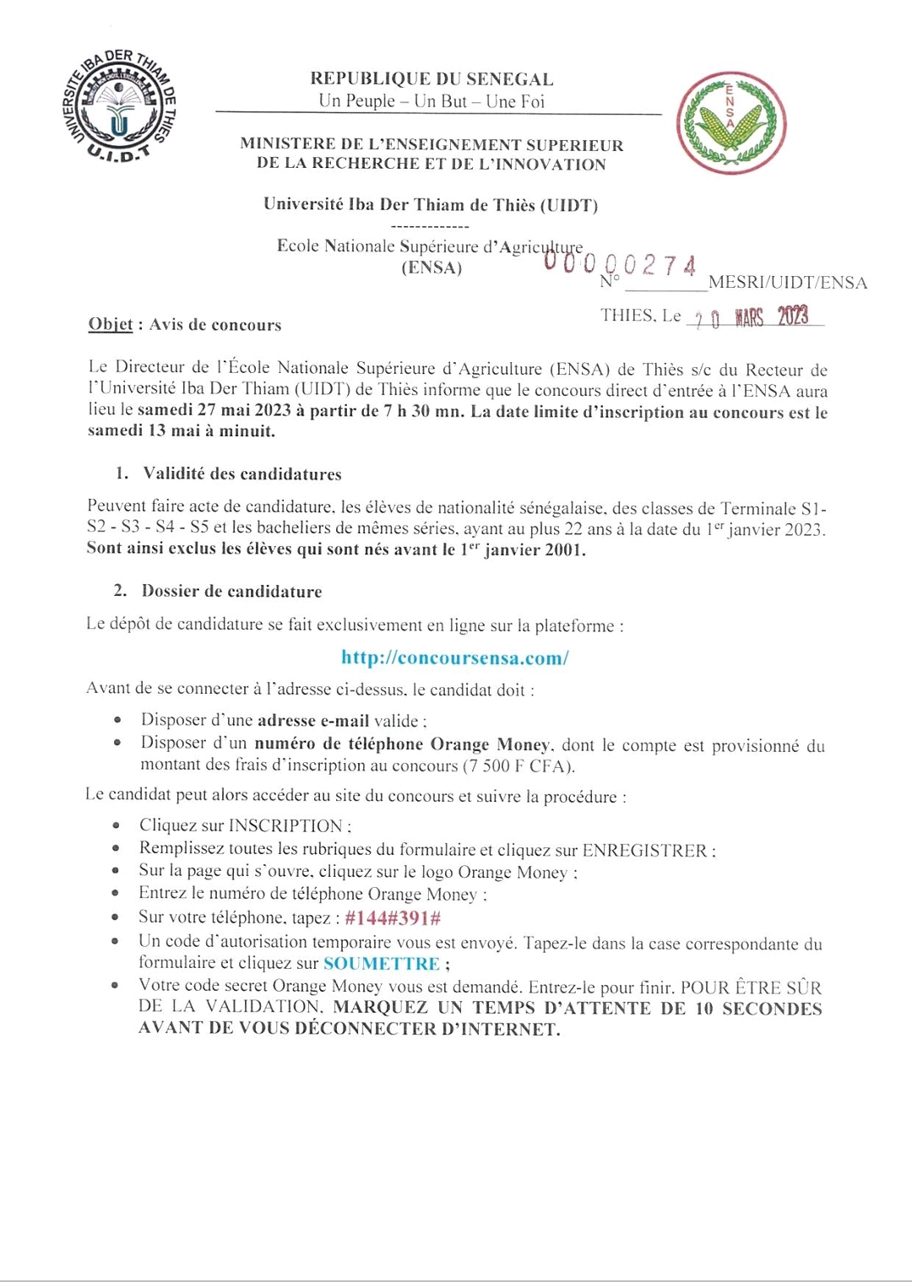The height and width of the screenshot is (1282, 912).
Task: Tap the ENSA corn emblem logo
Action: (x=730, y=123)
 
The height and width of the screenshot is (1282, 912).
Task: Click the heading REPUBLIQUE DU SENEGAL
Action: (x=432, y=79)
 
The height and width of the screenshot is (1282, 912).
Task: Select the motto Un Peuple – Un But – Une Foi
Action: (x=432, y=101)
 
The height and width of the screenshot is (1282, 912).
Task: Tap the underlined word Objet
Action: (x=111, y=325)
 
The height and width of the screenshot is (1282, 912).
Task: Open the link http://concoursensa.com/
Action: (x=454, y=658)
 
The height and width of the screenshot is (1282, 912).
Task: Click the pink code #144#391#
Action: (x=393, y=918)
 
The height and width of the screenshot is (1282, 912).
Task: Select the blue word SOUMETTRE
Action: (x=381, y=964)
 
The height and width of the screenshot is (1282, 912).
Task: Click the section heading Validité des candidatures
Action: (x=242, y=474)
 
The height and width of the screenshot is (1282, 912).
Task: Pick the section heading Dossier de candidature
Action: (x=231, y=592)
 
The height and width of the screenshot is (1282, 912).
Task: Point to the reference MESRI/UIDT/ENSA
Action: (x=788, y=283)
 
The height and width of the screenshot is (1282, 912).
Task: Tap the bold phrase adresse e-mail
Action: (x=313, y=721)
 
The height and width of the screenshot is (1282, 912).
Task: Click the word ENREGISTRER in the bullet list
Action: (x=646, y=851)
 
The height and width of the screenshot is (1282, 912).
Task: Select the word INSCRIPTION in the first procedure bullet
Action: (x=285, y=825)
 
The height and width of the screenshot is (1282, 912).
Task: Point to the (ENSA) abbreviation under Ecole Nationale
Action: (x=432, y=268)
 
